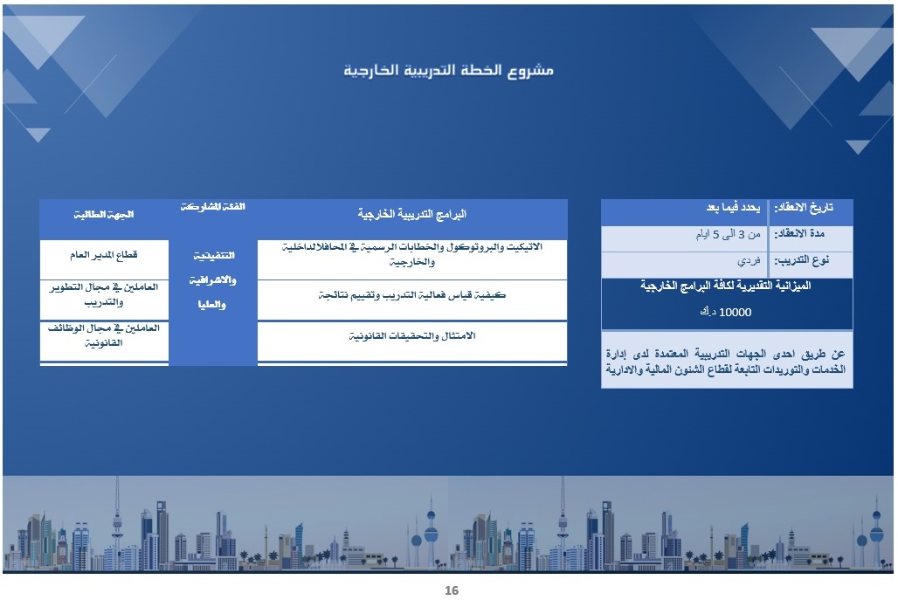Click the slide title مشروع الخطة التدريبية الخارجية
pyautogui.click(x=448, y=70)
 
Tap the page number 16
pyautogui.click(x=451, y=591)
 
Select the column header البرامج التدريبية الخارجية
pyautogui.click(x=412, y=214)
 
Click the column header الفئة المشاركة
pyautogui.click(x=212, y=207)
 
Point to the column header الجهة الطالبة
pyautogui.click(x=104, y=214)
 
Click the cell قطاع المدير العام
pyautogui.click(x=104, y=255)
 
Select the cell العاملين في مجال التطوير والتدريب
pyautogui.click(x=104, y=294)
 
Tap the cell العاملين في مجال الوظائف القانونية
pyautogui.click(x=104, y=335)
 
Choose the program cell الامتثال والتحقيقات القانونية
pyautogui.click(x=412, y=336)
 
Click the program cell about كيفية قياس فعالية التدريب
pyautogui.click(x=412, y=295)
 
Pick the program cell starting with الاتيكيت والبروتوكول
pyautogui.click(x=412, y=254)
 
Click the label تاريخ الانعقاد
pyautogui.click(x=805, y=208)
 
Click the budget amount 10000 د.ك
pyautogui.click(x=726, y=311)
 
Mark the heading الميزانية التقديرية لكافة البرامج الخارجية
pyautogui.click(x=726, y=286)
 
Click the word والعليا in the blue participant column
pyautogui.click(x=212, y=305)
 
